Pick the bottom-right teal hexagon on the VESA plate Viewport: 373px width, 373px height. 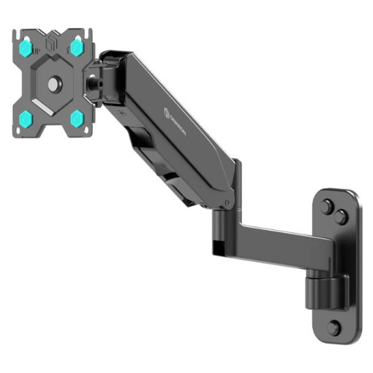point(77,118)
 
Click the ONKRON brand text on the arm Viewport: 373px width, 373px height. point(176,122)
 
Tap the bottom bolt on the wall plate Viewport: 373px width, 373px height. point(333,327)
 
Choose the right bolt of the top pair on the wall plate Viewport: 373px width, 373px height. point(341,216)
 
